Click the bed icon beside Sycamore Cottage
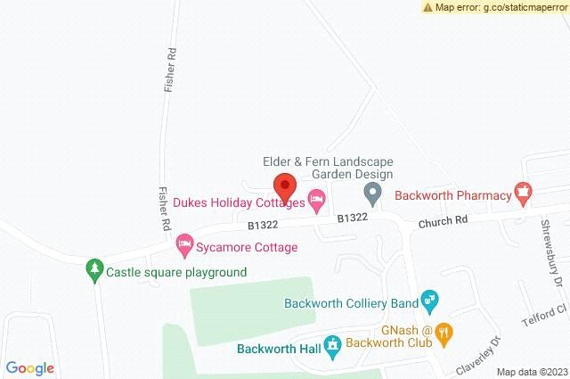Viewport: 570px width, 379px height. coord(184,242)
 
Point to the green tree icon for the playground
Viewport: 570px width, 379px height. coord(94,269)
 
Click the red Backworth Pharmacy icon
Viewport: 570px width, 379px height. coord(524,193)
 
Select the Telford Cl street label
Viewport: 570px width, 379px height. coord(550,312)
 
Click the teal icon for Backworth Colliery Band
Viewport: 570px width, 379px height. coord(429,301)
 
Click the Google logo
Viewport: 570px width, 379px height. coord(28,368)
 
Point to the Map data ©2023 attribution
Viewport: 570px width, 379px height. coord(531,372)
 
